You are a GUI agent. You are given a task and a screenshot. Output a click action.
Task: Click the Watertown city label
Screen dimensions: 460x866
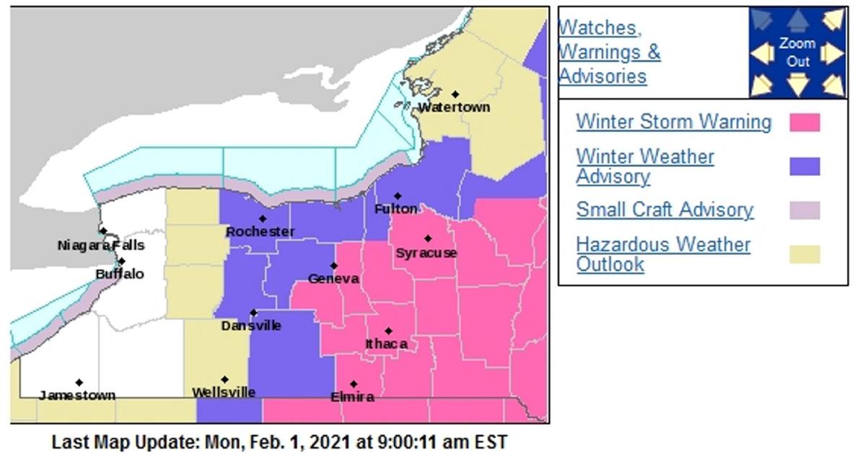[454, 107]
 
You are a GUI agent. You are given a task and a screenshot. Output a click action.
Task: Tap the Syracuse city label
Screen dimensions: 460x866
[426, 253]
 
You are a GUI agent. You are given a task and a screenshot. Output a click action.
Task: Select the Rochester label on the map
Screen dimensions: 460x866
[260, 232]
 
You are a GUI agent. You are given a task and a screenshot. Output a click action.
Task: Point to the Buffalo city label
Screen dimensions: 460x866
[120, 274]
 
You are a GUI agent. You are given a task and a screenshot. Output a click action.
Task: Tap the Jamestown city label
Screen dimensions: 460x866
[76, 395]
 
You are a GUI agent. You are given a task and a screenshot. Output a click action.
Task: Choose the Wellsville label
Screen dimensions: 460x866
[224, 392]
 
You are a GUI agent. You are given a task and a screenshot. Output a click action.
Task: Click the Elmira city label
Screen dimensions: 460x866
[352, 397]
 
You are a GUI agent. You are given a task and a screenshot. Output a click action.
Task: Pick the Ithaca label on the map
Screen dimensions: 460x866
[387, 344]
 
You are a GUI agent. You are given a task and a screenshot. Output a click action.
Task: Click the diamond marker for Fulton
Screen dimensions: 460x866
[398, 196]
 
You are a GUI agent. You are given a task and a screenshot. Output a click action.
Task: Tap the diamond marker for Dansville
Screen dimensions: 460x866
[253, 313]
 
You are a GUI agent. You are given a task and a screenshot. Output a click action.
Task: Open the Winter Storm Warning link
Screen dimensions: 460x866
[673, 122]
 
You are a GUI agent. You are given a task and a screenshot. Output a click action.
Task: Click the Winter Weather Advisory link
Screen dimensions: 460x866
[645, 166]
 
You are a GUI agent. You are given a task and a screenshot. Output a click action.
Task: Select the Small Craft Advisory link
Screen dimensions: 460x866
[665, 210]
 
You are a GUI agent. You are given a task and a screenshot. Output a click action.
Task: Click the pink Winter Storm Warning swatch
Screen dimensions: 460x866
[805, 122]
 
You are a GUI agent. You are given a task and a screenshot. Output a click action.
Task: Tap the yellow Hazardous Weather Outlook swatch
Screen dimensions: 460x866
[805, 254]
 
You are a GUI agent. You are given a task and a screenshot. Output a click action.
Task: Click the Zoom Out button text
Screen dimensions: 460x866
[797, 53]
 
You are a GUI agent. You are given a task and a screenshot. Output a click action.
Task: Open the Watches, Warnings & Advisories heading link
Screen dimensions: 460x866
[610, 52]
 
